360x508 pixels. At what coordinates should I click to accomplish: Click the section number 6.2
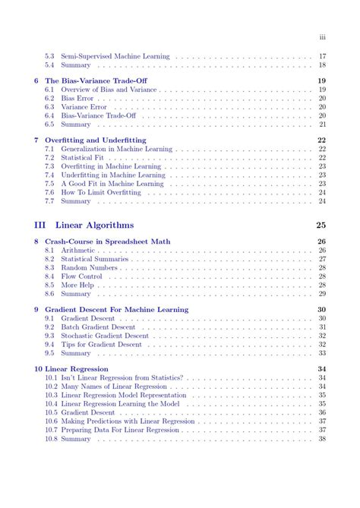49,98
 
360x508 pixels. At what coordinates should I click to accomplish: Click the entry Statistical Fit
83,158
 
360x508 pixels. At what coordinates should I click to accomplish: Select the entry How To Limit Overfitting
96,192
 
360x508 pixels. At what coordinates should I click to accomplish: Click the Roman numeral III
42,225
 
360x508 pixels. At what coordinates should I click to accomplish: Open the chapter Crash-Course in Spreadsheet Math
107,241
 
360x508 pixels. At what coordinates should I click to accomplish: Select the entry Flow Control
82,276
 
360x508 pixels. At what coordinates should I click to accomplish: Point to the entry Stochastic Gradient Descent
105,336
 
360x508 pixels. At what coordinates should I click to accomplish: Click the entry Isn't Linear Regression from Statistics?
122,377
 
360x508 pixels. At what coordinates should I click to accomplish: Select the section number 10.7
51,430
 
